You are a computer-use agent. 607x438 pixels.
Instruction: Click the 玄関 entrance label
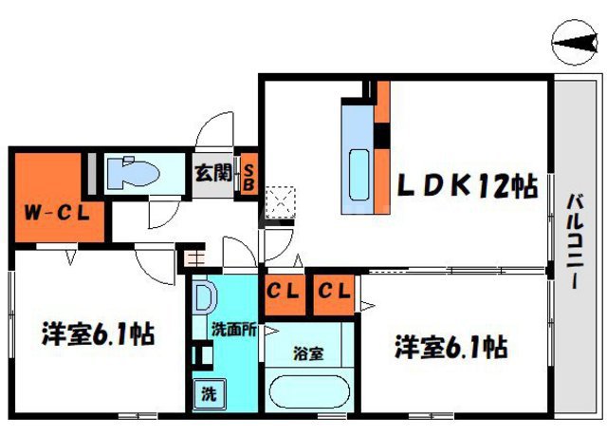(x=213, y=174)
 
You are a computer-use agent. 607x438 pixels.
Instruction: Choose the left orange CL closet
(x=282, y=293)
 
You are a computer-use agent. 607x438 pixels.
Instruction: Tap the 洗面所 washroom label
(x=231, y=332)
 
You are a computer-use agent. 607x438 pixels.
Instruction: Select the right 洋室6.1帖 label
(x=451, y=348)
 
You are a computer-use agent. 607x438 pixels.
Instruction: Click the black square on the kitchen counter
(x=382, y=137)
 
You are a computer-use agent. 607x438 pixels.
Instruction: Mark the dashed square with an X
(x=281, y=202)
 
